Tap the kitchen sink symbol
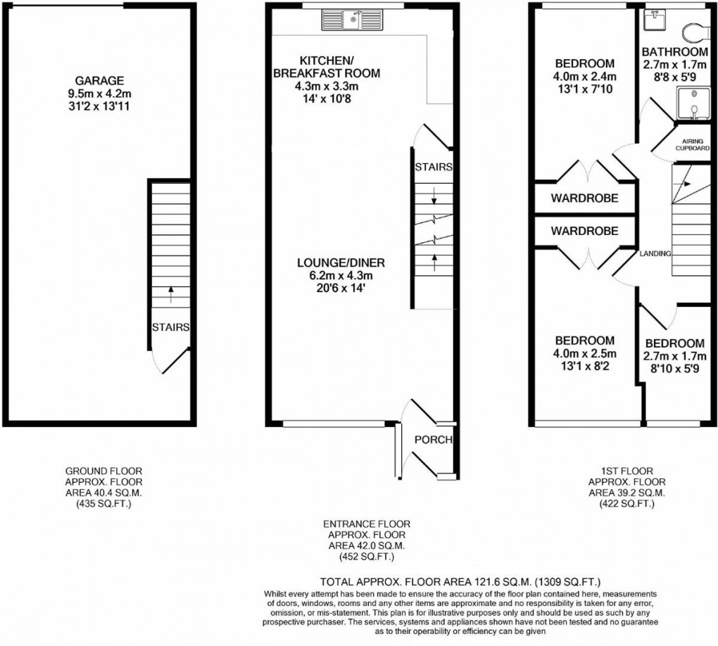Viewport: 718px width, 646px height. (x=351, y=20)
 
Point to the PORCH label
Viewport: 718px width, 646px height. (x=434, y=440)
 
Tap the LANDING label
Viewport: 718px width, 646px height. (x=655, y=253)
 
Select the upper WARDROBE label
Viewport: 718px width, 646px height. (x=584, y=198)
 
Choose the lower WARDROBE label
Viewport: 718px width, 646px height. (x=584, y=231)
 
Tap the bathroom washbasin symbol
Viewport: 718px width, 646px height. (x=655, y=20)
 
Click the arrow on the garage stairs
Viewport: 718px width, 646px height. (x=170, y=293)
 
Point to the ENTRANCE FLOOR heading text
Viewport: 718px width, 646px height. (x=366, y=524)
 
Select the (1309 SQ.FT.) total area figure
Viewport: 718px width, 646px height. (x=566, y=582)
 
